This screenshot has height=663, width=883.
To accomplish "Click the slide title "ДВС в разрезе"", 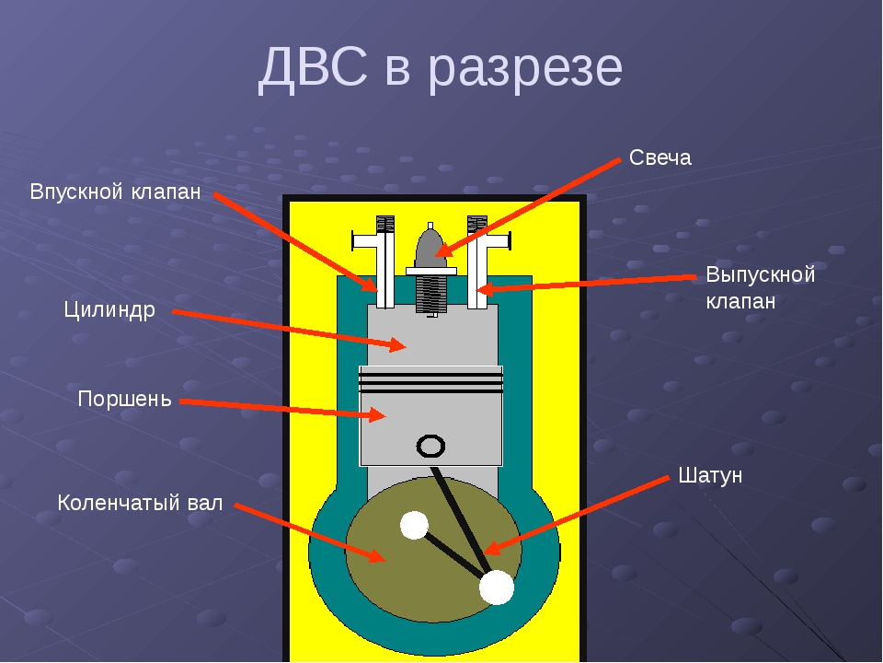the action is [441, 67].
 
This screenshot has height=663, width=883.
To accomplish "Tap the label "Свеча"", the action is [660, 157].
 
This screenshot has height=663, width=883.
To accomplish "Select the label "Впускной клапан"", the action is [116, 192].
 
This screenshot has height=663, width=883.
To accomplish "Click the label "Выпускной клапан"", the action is [761, 287].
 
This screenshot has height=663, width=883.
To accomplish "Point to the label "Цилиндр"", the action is [109, 310].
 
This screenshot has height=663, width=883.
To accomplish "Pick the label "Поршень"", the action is [124, 399].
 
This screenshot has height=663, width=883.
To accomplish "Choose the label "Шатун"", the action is [710, 475].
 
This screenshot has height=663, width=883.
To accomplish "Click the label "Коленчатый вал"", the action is [140, 503].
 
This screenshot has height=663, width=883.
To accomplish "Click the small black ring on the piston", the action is [430, 446].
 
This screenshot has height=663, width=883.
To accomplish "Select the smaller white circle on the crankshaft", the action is [415, 525].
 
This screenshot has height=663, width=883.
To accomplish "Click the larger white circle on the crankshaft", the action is [497, 587].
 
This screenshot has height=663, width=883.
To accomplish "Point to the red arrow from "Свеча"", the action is [528, 207].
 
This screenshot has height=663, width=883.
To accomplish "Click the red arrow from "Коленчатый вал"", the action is [310, 533].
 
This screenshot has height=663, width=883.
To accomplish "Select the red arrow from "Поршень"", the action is [283, 410].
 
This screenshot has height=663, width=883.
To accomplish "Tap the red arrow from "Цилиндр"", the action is [290, 331].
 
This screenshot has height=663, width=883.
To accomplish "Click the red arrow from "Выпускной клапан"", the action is [586, 285].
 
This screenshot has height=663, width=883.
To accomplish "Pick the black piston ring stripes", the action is [431, 381].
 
